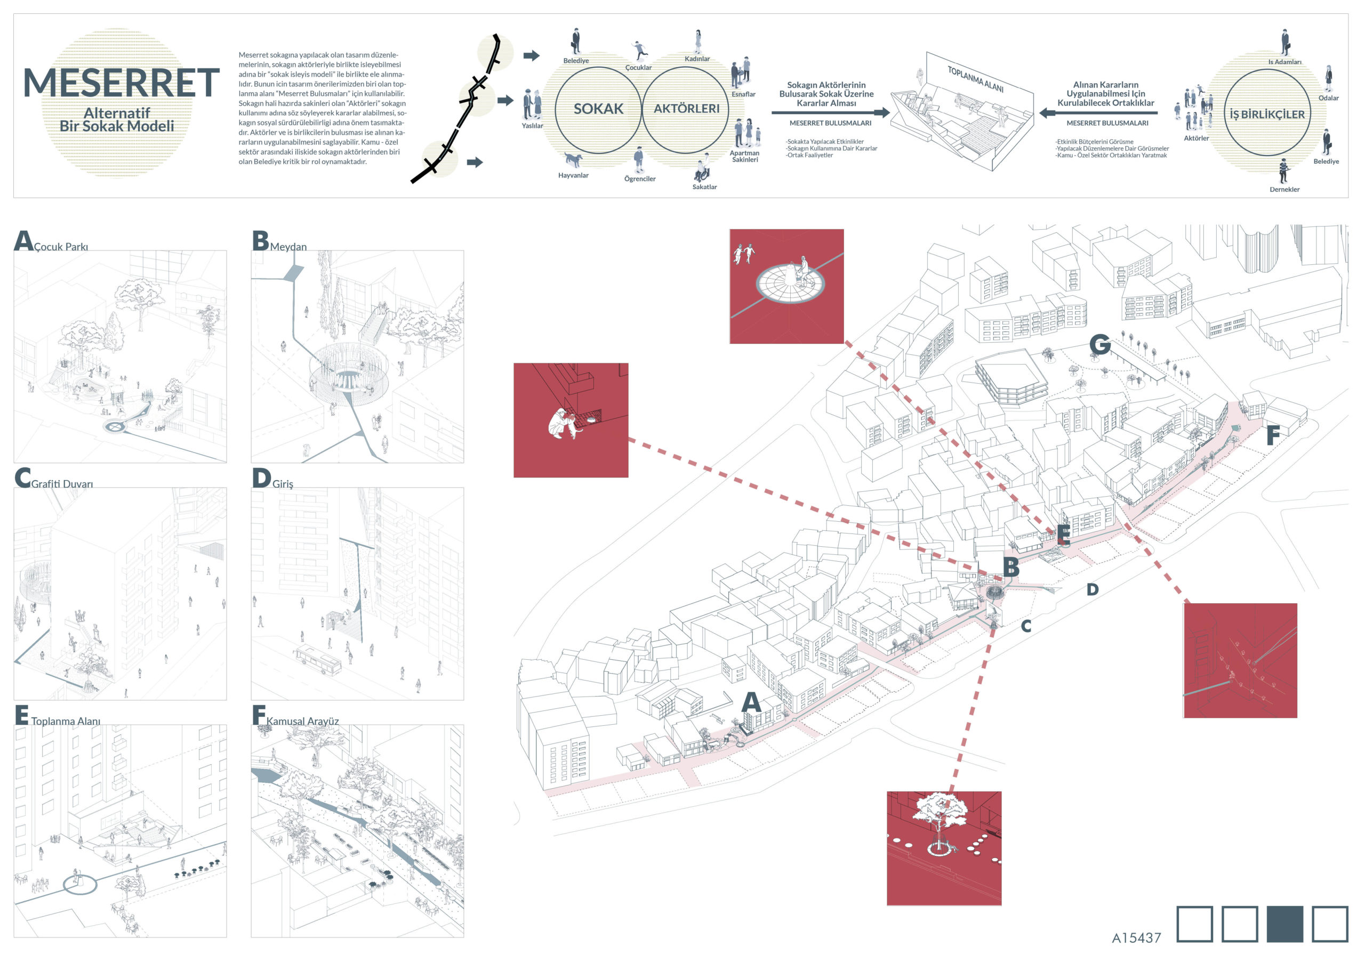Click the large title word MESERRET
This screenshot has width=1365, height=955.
(121, 83)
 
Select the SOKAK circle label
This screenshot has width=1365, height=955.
(598, 109)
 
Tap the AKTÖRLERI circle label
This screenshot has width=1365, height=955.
(686, 109)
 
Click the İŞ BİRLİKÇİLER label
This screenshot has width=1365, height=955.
(1267, 114)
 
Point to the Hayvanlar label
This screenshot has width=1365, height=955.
(573, 175)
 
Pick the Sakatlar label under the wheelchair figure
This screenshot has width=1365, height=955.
(704, 187)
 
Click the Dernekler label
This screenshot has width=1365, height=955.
(1284, 190)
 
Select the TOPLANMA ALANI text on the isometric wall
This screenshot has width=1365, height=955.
(975, 79)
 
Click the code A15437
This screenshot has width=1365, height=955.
(1136, 938)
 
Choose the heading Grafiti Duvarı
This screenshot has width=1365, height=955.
(62, 484)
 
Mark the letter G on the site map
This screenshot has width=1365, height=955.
(1100, 345)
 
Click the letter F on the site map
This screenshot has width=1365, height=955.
(1272, 435)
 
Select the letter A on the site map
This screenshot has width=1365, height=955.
(751, 702)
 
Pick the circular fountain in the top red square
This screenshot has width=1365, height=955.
(790, 282)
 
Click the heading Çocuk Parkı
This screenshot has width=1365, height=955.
(61, 247)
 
